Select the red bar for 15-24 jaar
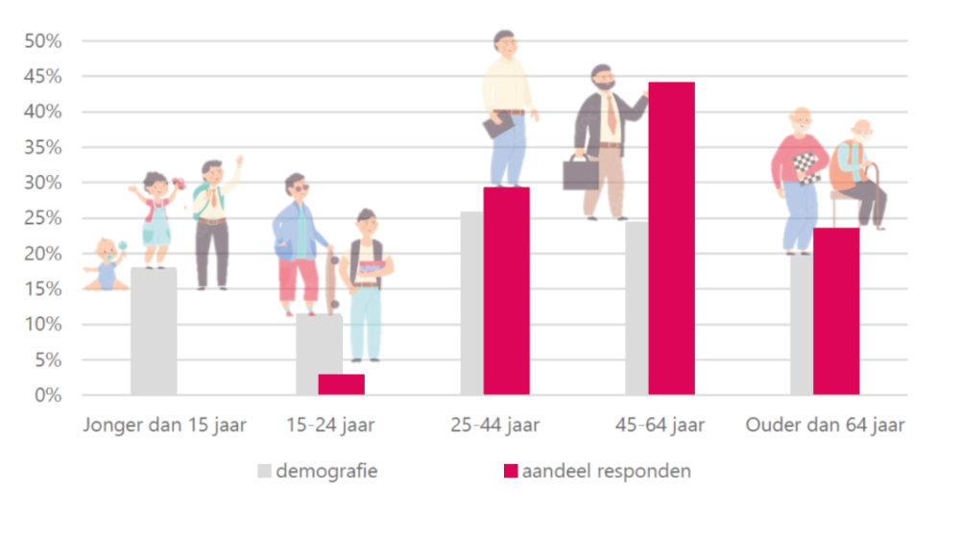341,384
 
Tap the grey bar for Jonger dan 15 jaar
154,332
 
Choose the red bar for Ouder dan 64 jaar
836,311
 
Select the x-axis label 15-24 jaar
331,425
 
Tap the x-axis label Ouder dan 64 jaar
826,425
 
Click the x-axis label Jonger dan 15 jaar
164,425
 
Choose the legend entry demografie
326,471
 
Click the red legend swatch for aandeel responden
511,471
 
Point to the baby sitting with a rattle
107,265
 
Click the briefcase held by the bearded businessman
580,173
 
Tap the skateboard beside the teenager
331,283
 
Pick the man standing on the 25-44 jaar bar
506,106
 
